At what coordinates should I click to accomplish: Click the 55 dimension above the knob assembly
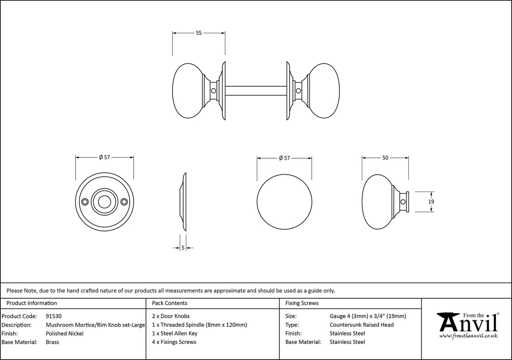pyautogui.click(x=199, y=33)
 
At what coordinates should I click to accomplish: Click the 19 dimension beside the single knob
pyautogui.click(x=431, y=202)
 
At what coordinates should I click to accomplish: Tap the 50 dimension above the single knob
pyautogui.click(x=385, y=158)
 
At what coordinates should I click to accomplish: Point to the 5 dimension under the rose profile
pyautogui.click(x=183, y=248)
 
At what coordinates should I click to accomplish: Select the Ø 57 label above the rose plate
pyautogui.click(x=105, y=157)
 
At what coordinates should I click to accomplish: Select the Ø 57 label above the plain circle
pyautogui.click(x=285, y=158)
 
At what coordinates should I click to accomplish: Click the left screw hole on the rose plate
pyautogui.click(x=85, y=202)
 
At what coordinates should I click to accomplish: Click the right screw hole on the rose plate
pyautogui.click(x=124, y=202)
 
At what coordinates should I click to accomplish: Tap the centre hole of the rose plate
pyautogui.click(x=105, y=202)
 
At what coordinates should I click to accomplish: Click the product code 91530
pyautogui.click(x=54, y=316)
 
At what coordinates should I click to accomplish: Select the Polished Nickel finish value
pyautogui.click(x=65, y=333)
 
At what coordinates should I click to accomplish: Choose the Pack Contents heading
pyautogui.click(x=170, y=303)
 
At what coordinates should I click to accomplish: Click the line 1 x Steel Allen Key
pyautogui.click(x=175, y=333)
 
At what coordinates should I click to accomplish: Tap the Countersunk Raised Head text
pyautogui.click(x=361, y=325)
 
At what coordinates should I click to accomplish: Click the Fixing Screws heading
pyautogui.click(x=302, y=303)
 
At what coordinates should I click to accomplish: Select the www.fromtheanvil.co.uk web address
pyautogui.click(x=468, y=336)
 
